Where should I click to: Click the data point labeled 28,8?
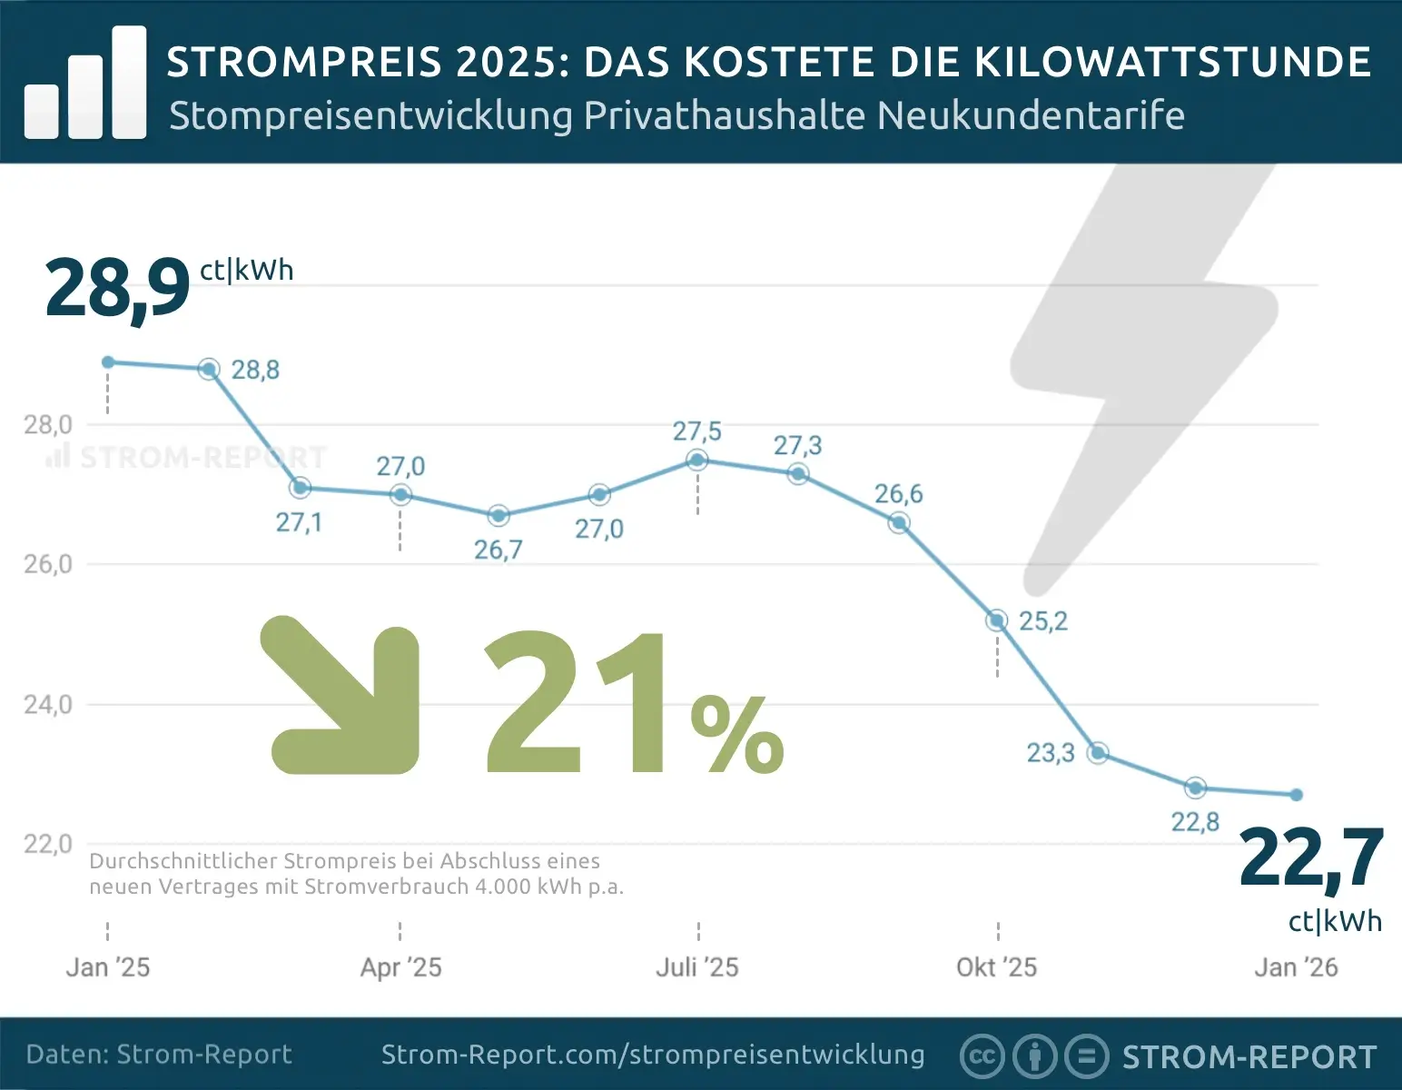tap(209, 370)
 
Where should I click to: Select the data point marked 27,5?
tap(697, 460)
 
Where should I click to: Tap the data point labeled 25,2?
tap(997, 620)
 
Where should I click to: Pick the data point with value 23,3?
tap(1098, 753)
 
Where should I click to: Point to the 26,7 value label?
tap(498, 550)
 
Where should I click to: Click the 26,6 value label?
tap(898, 494)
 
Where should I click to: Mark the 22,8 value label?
tap(1195, 822)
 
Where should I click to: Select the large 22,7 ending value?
tap(1310, 858)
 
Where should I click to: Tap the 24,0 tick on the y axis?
tap(47, 705)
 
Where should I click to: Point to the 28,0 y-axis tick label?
tap(47, 425)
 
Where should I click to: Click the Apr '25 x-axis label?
tap(400, 967)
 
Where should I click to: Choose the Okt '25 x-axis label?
tap(996, 967)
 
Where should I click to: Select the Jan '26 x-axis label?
tap(1296, 967)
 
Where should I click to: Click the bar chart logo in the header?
tap(85, 84)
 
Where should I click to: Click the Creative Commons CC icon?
tap(982, 1056)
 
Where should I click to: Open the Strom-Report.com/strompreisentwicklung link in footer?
tap(653, 1055)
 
